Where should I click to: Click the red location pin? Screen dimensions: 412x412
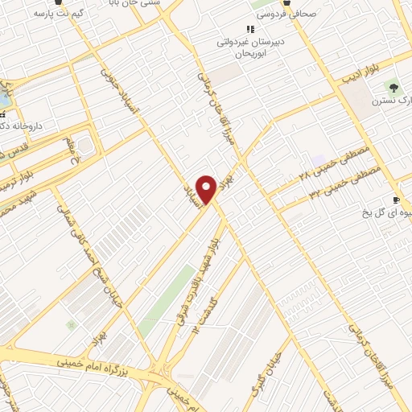click(x=207, y=188)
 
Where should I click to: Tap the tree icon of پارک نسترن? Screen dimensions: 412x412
click(x=393, y=87)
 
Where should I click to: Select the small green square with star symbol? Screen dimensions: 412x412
click(x=71, y=325)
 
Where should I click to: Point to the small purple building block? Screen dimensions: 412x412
click(x=320, y=161)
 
